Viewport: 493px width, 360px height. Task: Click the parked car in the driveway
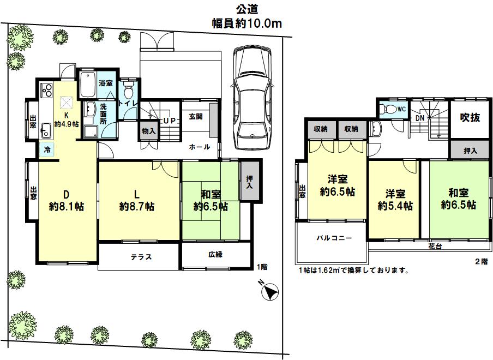tap(252, 98)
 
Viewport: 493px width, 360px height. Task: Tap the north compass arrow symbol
tap(270, 292)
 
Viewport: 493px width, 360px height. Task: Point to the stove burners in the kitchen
tap(46, 89)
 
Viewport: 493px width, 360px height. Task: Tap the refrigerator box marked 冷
tap(47, 149)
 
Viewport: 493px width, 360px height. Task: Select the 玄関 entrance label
tap(196, 117)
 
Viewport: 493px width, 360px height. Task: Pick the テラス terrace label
tap(141, 257)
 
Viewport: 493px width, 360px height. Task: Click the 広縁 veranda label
tap(215, 254)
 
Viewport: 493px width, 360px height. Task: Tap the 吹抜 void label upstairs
tap(470, 117)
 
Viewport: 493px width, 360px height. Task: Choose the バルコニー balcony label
tap(334, 238)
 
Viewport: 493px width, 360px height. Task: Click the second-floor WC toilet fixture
tap(389, 109)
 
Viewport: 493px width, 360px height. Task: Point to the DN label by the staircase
tap(420, 118)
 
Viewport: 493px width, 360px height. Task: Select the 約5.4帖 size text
tap(395, 206)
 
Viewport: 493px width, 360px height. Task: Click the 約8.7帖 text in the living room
tap(137, 207)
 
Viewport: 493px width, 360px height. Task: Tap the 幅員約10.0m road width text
tap(247, 23)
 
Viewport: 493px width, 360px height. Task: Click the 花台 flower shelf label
tap(435, 247)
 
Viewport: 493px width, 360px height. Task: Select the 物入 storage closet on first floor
tap(148, 130)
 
